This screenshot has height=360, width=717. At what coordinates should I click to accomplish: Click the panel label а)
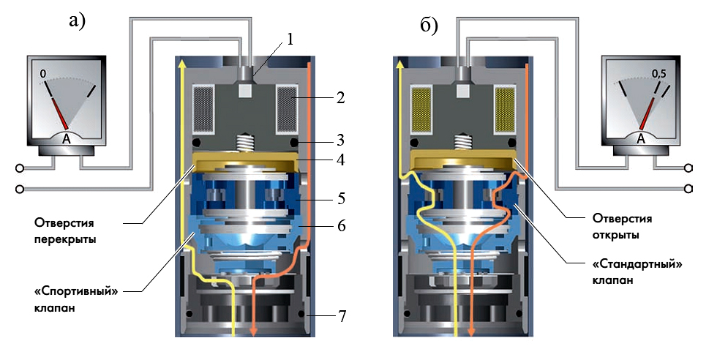(77, 21)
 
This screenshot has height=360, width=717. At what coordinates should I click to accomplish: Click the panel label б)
(429, 25)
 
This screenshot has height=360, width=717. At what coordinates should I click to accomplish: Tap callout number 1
(289, 40)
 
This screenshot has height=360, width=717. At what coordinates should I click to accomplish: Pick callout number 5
(341, 198)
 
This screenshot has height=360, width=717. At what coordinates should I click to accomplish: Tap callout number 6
(341, 226)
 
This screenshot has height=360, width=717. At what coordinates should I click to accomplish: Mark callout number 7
(342, 316)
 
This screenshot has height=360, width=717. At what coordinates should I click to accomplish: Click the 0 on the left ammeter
(43, 74)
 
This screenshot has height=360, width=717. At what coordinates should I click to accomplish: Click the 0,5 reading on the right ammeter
(659, 73)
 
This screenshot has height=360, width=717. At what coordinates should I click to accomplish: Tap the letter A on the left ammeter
(67, 139)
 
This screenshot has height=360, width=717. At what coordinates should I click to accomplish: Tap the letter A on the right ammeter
(641, 138)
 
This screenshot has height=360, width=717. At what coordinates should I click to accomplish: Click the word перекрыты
(65, 239)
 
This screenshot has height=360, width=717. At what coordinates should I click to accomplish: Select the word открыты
(615, 235)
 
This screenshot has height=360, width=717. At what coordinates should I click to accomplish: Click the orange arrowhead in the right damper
(471, 331)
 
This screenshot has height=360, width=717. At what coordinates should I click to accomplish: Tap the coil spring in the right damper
(462, 142)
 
